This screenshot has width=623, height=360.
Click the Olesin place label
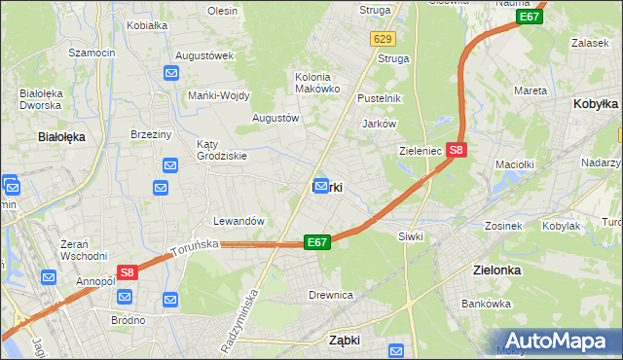click(x=222, y=11)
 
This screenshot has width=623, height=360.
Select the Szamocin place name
click(x=92, y=51)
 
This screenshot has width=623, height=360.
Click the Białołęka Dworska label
click(x=42, y=100)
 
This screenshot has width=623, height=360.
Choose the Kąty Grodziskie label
click(x=222, y=149)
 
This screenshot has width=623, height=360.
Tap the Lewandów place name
click(x=239, y=221)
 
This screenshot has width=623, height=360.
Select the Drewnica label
click(x=329, y=294)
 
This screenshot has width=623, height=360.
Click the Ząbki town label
click(x=345, y=341)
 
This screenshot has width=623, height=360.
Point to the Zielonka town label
click(x=496, y=271)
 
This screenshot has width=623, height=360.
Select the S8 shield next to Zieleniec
click(x=458, y=151)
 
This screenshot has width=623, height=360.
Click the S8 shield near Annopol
click(x=128, y=274)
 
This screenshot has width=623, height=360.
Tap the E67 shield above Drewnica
click(x=316, y=241)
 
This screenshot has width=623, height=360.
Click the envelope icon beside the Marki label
click(x=320, y=185)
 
